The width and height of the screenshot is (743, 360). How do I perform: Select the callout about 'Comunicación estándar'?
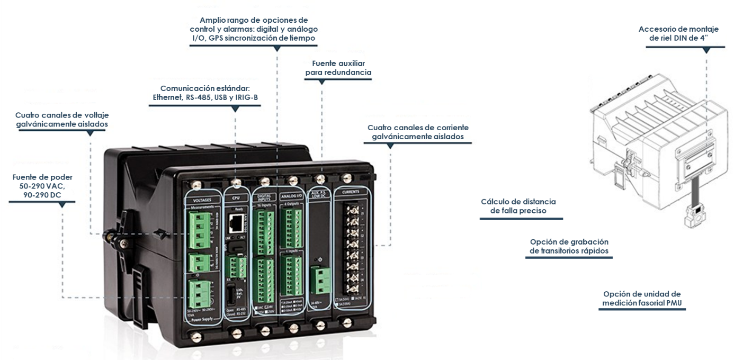204,93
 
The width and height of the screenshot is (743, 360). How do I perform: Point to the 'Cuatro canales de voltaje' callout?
65,119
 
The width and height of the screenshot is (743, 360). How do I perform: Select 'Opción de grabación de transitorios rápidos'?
569,246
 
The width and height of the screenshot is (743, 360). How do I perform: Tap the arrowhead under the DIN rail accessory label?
706,51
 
